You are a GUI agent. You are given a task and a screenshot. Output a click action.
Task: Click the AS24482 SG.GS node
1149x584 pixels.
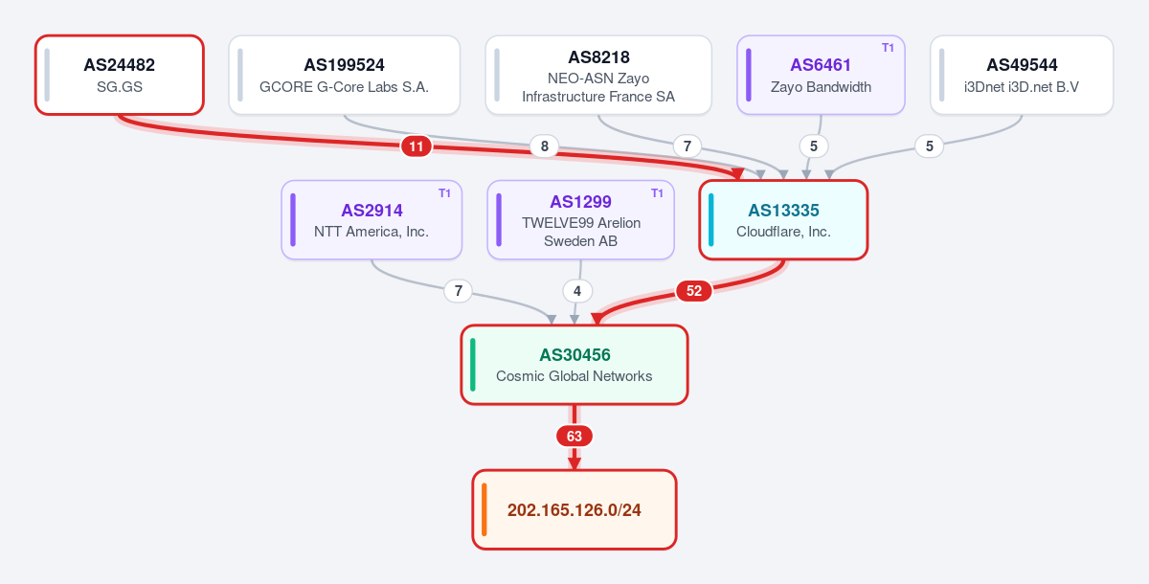click(120, 75)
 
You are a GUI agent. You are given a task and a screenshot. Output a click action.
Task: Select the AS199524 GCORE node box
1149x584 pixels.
click(344, 75)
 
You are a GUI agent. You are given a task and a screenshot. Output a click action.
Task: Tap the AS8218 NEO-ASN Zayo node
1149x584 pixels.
click(598, 75)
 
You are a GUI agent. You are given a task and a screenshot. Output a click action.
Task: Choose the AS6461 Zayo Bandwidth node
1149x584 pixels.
click(821, 75)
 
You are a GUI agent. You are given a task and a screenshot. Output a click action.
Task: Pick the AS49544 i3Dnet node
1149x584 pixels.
click(1022, 75)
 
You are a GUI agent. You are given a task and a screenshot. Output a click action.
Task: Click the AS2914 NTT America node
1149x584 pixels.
click(372, 220)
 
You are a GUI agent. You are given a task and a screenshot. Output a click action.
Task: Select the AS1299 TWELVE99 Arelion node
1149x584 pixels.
click(580, 220)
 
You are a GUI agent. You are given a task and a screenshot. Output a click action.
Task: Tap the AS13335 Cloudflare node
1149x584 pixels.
click(783, 220)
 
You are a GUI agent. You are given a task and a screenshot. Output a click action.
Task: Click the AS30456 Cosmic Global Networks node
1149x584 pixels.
click(574, 365)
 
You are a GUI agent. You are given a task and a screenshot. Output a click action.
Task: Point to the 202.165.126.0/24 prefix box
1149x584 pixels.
click(574, 509)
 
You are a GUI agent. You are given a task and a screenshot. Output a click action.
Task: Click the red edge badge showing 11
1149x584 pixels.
click(416, 146)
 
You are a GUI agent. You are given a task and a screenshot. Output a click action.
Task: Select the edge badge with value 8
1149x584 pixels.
click(544, 146)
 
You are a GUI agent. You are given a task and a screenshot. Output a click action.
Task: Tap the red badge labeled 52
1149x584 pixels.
click(693, 291)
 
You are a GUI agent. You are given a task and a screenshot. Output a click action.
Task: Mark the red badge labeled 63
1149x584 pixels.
click(574, 436)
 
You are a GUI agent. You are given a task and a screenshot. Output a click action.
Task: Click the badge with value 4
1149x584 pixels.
click(577, 291)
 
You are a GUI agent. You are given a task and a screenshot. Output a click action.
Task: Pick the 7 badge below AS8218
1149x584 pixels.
click(687, 146)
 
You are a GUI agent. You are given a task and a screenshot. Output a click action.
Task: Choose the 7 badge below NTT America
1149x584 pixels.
click(458, 291)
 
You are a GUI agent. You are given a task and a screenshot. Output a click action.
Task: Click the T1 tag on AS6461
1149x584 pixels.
click(888, 48)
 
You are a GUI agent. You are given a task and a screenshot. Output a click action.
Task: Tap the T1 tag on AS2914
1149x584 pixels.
click(444, 192)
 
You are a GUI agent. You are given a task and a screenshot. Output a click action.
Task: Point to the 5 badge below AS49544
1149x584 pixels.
click(929, 146)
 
